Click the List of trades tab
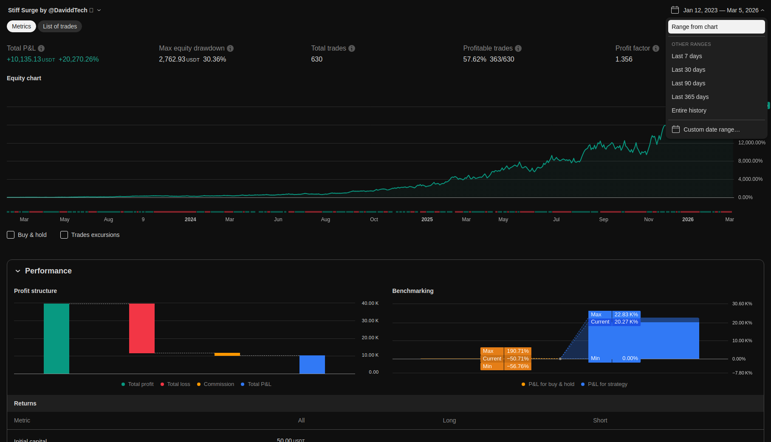60,26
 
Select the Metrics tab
21,26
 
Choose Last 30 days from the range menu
688,70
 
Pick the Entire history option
689,110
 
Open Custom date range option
711,130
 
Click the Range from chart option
716,27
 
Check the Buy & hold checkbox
11,235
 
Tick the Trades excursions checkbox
64,235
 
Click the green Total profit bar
56,338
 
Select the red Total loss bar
142,328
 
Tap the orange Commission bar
227,354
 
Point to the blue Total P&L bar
312,364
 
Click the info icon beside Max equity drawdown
230,48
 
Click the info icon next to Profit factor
656,48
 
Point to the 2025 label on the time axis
427,220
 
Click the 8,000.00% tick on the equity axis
750,161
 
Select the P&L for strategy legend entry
607,384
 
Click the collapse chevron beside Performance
18,271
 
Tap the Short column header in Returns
600,420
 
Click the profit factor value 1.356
624,59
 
